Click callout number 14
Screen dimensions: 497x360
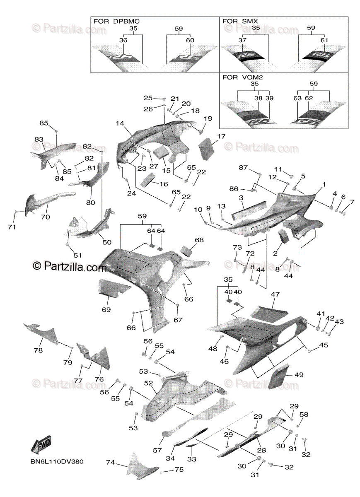click(x=120, y=123)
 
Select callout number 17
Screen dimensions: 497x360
click(x=221, y=136)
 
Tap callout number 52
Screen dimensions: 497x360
click(x=148, y=384)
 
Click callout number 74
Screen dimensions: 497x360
click(x=110, y=462)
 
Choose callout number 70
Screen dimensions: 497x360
click(x=45, y=217)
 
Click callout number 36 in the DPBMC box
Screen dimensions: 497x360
click(x=123, y=40)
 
